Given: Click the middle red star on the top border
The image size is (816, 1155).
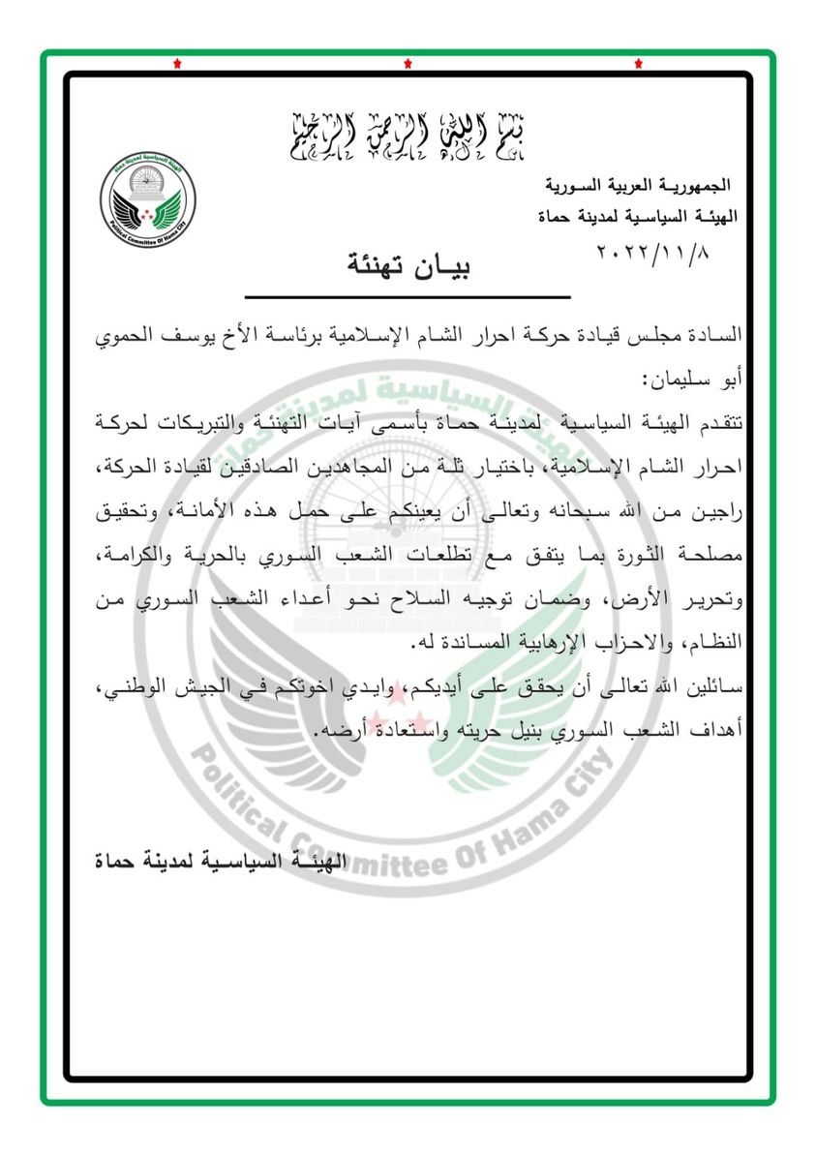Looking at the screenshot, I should click(408, 64).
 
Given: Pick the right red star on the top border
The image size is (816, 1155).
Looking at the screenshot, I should click(640, 64).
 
